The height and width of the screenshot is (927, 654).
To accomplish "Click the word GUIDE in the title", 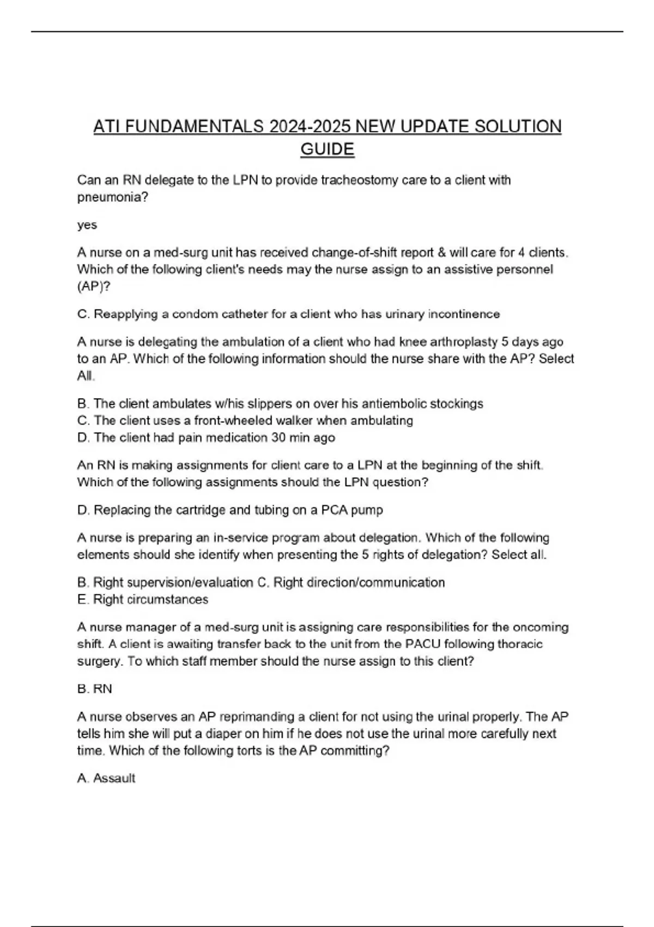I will point(327,149).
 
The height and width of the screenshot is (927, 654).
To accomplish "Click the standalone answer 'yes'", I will point(87,225).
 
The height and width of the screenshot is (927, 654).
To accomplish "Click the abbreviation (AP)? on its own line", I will point(94,286).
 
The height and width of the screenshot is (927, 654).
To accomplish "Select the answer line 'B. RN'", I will point(95,689).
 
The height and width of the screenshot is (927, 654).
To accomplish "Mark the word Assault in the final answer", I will point(114,778).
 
